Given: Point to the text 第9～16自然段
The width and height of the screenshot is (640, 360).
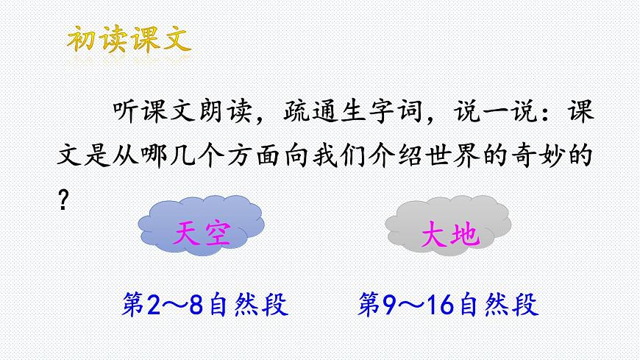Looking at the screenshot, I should pos(448,304).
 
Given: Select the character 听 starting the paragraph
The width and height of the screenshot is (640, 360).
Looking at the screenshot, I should pos(127,113).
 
